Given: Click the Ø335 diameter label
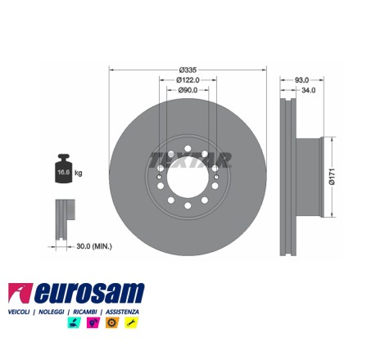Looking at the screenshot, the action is (188, 70).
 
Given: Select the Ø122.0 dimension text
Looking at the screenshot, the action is (188, 80).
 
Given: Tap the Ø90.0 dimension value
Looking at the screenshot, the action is (188, 90).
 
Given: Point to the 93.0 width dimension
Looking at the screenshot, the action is (301, 80).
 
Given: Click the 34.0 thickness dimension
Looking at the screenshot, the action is (309, 90).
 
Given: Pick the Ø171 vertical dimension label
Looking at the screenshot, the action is (332, 177).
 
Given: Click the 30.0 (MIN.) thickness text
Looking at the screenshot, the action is (94, 246).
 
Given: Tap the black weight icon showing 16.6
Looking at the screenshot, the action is (63, 169).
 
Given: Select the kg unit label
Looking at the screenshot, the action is (79, 173).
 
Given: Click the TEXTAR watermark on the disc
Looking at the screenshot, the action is (190, 160).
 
